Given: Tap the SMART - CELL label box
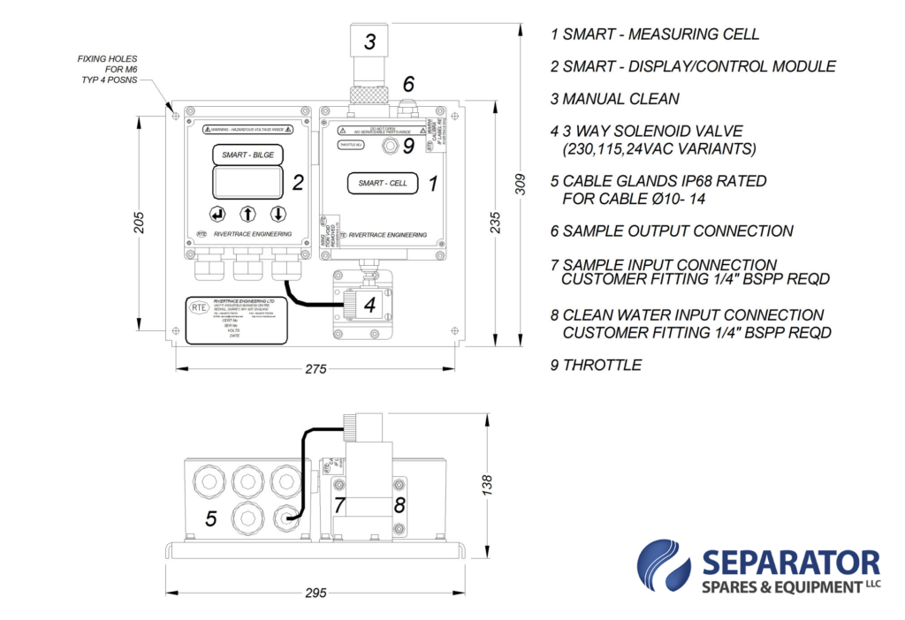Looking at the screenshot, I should (x=383, y=184).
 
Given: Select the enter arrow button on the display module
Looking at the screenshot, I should (x=217, y=214).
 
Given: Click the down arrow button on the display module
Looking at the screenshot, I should (x=278, y=214).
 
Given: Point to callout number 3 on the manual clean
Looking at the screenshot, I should (x=370, y=41).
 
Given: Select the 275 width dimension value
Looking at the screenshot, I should (x=316, y=369).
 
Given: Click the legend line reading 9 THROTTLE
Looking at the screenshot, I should (x=596, y=365).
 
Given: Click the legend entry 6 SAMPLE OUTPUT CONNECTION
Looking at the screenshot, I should (x=672, y=231).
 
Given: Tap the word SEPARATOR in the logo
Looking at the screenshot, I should (x=791, y=562).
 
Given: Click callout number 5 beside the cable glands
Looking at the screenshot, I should (x=210, y=518).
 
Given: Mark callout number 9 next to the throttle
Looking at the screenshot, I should (x=408, y=146).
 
